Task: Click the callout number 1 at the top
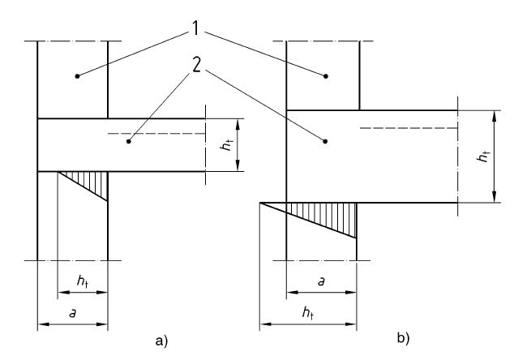pos(197,28)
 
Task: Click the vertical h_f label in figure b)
pos(483,156)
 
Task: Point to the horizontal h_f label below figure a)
pos(83,280)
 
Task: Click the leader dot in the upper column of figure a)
pos(78,75)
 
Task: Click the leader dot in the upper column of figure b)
pos(326,76)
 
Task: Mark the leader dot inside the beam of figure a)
pos(128,142)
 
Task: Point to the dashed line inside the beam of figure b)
pos(405,126)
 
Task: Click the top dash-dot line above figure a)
pos(73,40)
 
